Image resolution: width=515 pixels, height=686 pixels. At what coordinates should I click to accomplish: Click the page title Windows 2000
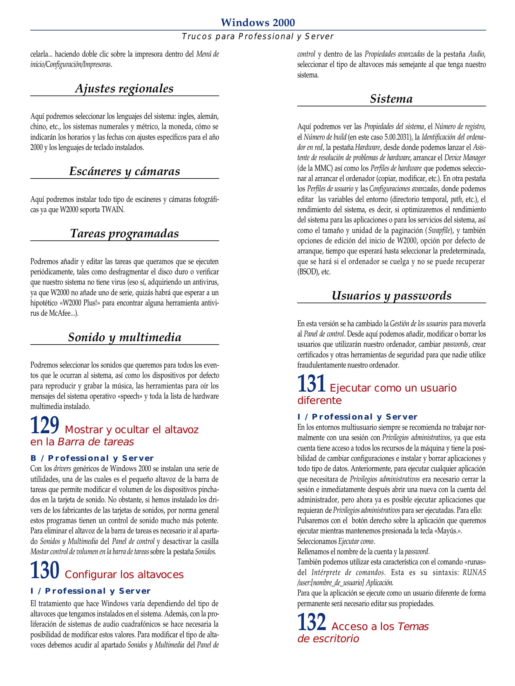coord(258,23)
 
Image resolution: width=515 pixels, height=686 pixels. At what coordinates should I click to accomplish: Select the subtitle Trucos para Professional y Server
coord(258,37)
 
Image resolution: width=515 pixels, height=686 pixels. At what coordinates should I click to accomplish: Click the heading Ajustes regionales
coord(124,88)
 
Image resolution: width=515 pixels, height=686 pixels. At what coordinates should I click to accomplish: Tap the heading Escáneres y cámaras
coord(125,171)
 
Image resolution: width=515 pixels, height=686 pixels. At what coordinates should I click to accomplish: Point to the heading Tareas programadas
coord(125,233)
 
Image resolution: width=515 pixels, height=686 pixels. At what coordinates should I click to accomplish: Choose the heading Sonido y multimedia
coord(125,337)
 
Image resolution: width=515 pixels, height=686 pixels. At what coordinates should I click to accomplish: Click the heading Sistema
coord(391,99)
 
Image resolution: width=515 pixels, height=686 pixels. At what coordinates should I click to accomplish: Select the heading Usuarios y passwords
coord(391,296)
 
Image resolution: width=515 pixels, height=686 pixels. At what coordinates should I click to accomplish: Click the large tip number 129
coord(45,426)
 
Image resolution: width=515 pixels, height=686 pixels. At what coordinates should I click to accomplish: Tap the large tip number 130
coord(45,570)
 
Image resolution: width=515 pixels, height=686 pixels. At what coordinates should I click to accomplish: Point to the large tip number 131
coord(311,384)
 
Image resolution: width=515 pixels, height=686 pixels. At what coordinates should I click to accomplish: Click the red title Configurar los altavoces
coord(124,575)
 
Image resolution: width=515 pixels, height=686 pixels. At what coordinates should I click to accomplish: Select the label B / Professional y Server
coord(92,458)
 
